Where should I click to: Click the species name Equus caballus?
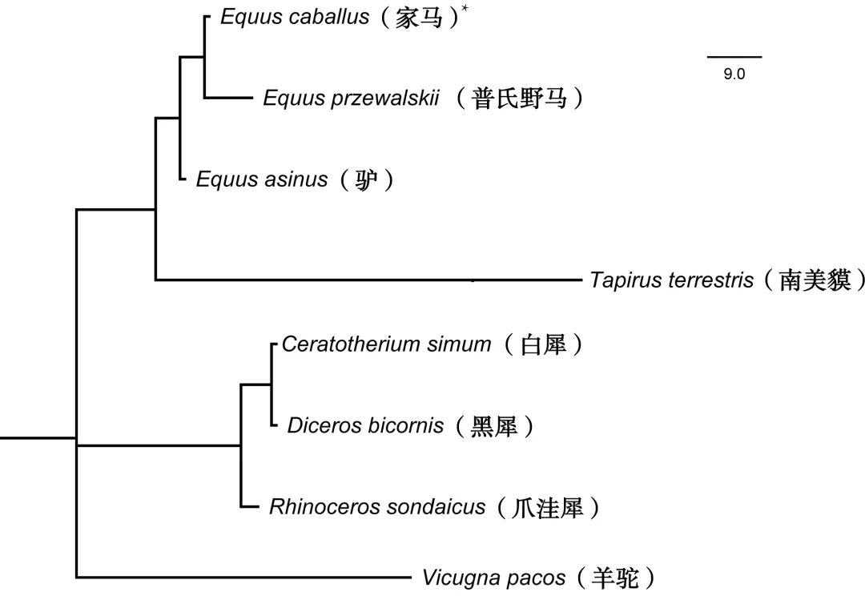[294, 18]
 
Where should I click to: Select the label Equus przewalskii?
[351, 99]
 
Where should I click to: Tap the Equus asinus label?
[262, 179]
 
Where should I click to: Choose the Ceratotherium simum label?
[386, 345]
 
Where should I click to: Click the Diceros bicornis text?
[365, 426]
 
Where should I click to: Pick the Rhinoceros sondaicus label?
[377, 507]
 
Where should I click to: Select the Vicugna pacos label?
[494, 578]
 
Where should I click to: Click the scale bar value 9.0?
[734, 74]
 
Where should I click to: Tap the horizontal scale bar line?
[734, 57]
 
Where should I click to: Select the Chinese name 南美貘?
[815, 281]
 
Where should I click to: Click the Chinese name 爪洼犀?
[548, 508]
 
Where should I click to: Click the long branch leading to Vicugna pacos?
[240, 577]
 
